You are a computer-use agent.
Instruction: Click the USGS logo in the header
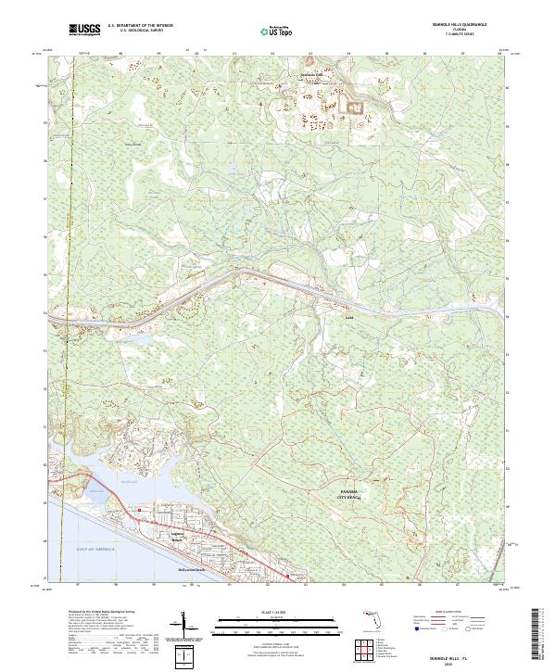tap(84, 30)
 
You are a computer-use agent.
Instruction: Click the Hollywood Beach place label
tap(190, 570)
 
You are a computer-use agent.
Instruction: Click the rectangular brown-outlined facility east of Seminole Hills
tap(355, 108)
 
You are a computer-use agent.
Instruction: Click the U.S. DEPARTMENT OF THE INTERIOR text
tap(136, 27)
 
